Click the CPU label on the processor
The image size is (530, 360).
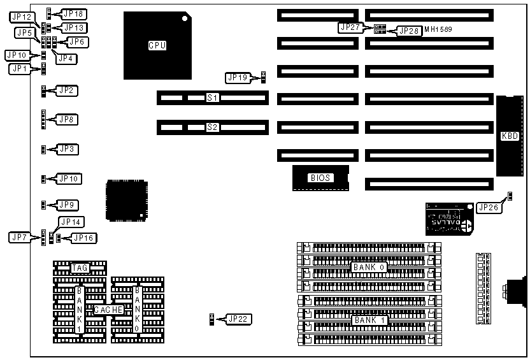157,45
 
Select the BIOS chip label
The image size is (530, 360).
320,178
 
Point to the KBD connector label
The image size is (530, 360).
510,135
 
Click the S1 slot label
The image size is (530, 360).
212,98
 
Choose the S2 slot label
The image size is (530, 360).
212,127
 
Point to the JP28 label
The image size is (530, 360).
409,31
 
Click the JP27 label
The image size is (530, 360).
350,27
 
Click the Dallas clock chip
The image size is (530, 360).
449,219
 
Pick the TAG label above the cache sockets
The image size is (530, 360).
80,268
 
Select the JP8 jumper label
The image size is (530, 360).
67,119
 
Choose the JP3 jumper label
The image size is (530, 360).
67,149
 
